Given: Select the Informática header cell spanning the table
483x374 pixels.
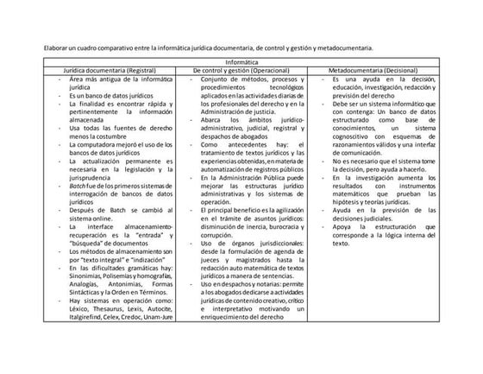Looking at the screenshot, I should point(241,60).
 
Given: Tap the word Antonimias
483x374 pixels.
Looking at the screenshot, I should point(121,282).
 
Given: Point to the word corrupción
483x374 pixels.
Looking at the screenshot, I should point(218,233).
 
